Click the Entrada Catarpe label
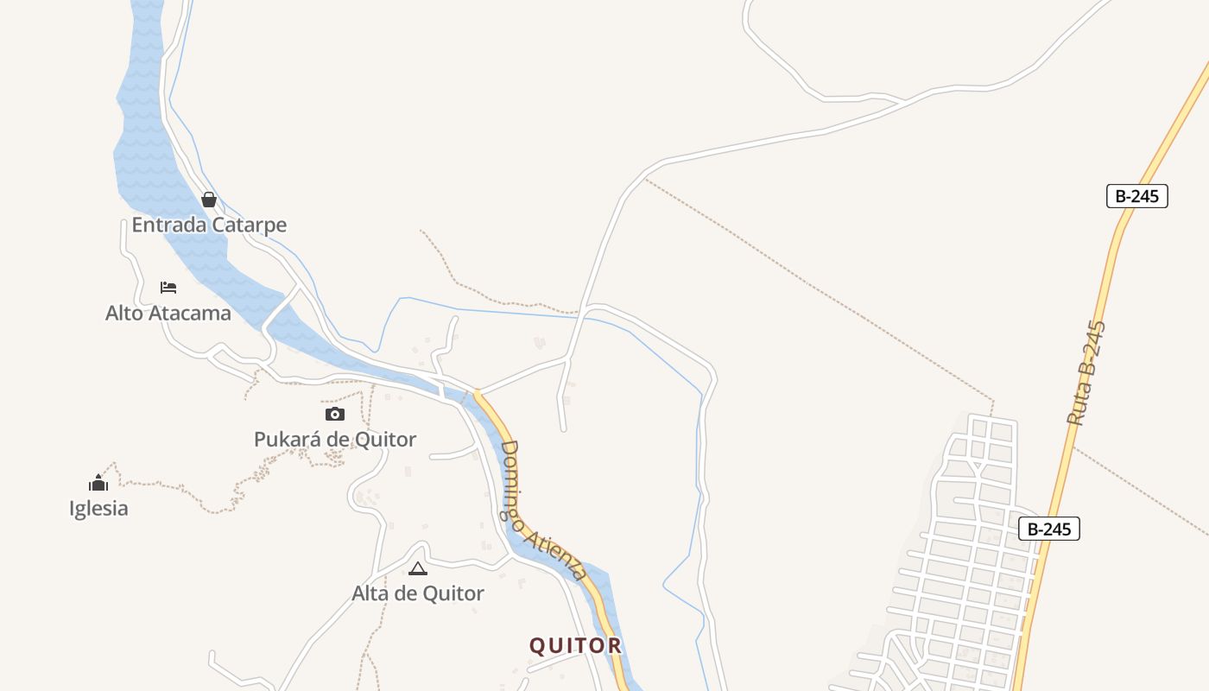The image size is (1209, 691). point(209,225)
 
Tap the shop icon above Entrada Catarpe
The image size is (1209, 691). point(208,200)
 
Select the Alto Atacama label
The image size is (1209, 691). point(168,313)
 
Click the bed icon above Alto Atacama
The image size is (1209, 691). point(168,287)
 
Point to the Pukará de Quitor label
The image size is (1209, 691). point(335,440)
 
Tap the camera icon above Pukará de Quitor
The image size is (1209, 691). point(335,415)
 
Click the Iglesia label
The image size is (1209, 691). point(98,509)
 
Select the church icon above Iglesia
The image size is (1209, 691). point(98,483)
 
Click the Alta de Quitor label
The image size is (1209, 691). point(418,594)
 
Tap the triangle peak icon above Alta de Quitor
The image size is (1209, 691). point(418,568)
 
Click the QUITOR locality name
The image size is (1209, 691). point(575,646)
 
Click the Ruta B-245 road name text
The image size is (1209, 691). point(1086,373)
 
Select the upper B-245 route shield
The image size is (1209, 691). point(1136,196)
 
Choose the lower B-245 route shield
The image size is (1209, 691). point(1049,529)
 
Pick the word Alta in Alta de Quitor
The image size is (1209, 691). point(370,594)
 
